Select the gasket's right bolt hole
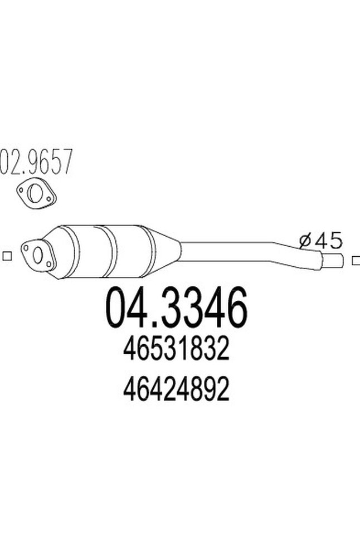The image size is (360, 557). [50, 198]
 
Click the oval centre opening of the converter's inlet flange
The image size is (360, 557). [37, 256]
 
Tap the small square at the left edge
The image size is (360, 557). [7, 256]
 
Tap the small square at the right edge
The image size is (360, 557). [355, 260]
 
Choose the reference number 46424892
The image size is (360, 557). [176, 391]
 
